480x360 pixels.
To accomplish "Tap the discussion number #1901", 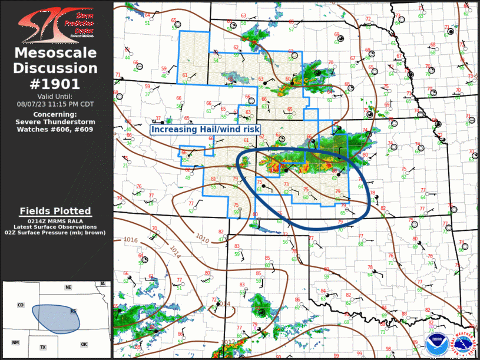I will click(55, 83).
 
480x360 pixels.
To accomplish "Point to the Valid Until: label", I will click(55, 97).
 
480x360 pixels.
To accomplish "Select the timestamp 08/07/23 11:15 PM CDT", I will click(55, 104).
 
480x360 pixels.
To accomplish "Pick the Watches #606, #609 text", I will click(55, 129).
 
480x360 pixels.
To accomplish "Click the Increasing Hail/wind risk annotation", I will click(205, 129).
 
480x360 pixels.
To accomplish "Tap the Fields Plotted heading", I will click(55, 211).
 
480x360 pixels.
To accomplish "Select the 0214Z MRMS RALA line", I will click(55, 221).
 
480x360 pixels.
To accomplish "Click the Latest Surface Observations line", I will click(55, 227).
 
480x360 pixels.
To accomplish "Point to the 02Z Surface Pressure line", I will click(55, 233).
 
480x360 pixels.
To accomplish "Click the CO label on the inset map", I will click(21, 305).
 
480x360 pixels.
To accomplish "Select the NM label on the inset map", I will click(15, 342).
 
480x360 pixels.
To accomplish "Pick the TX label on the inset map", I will click(43, 348).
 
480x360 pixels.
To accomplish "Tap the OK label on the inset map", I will click(84, 344).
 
